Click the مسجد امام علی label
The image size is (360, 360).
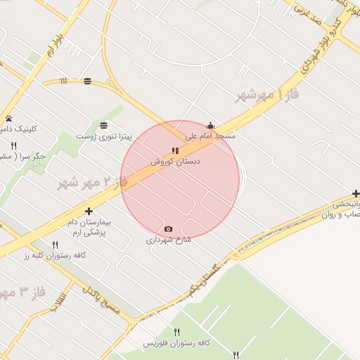[x=210, y=135]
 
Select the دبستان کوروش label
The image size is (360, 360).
[x=175, y=161]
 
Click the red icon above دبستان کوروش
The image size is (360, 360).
[x=175, y=150]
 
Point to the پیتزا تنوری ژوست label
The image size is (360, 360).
[x=104, y=135]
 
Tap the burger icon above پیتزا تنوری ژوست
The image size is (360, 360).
[x=104, y=124]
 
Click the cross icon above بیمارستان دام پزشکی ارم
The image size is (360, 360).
[x=89, y=211]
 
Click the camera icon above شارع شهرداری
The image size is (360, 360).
[x=168, y=229]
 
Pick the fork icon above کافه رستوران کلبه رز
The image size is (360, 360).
[x=56, y=245]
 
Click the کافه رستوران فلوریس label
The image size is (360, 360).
[x=176, y=342]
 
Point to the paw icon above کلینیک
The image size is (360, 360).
[x=9, y=118]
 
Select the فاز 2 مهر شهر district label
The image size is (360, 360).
[x=91, y=184]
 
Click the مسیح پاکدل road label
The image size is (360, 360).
[x=102, y=300]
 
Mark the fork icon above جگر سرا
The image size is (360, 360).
[x=13, y=145]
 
